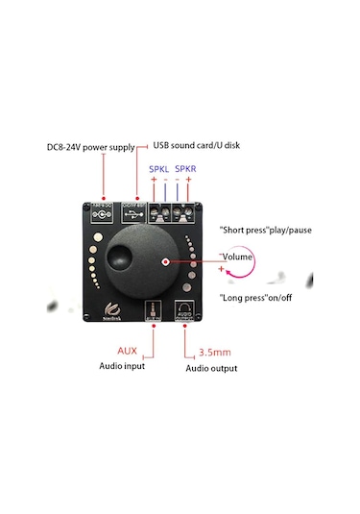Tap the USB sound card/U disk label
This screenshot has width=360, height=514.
197,146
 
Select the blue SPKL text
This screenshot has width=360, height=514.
158,170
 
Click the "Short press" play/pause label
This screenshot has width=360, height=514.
266,231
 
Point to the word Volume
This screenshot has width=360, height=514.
236,257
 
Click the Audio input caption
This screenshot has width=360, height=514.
123,366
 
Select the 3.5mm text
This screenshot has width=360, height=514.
213,352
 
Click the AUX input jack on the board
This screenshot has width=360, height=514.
151,310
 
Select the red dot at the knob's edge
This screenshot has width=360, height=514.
165,261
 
